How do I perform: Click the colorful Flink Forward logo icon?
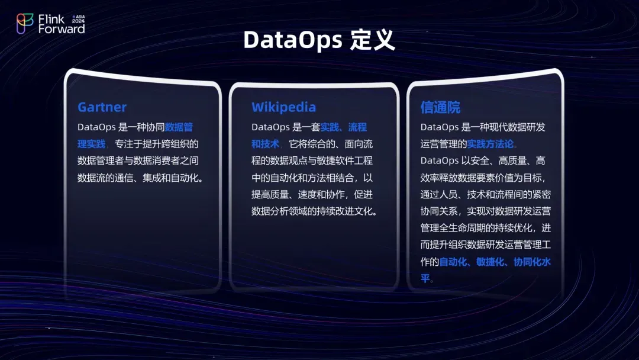coord(25,24)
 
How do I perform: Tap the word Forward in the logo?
coord(62,29)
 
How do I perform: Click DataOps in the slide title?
coord(292,40)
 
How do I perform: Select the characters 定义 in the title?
coord(372,40)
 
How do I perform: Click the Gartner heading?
coord(102,107)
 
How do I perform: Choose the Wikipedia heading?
coord(283,107)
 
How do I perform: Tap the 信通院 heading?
coord(440,107)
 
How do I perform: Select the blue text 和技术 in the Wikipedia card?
coord(265,144)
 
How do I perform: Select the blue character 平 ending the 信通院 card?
coord(425,278)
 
